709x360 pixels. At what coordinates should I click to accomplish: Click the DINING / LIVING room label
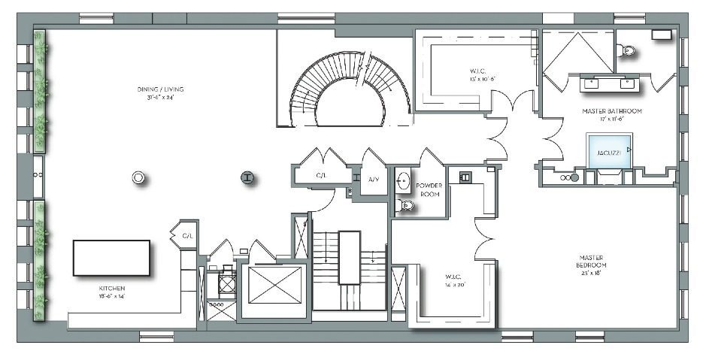159,90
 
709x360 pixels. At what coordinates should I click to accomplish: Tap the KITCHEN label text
111,289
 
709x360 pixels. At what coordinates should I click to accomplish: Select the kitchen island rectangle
111,259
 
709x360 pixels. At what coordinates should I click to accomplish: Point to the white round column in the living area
138,178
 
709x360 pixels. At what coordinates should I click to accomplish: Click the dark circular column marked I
246,177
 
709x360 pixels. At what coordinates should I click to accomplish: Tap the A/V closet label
374,180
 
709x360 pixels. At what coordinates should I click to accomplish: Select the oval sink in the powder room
404,181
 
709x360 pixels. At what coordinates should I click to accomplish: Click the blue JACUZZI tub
610,150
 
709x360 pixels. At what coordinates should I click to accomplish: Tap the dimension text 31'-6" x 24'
159,97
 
